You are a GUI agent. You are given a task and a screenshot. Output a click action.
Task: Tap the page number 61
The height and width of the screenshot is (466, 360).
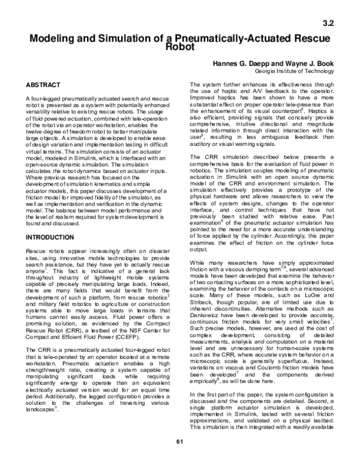pyautogui.click(x=179, y=459)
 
